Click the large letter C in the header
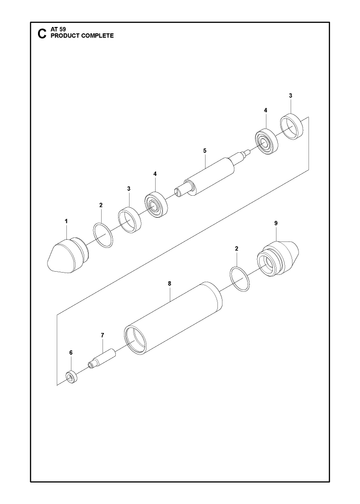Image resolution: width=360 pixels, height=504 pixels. point(42,34)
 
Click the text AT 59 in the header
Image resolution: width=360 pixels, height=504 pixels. point(58,29)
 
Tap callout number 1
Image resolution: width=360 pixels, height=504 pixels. point(66,221)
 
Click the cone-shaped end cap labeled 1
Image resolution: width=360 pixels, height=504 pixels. point(68,255)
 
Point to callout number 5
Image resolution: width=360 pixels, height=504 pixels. point(205,151)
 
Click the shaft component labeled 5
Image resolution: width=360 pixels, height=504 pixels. point(212,174)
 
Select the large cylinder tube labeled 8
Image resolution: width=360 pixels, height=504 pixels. point(173,317)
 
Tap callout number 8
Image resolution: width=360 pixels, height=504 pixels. point(170,284)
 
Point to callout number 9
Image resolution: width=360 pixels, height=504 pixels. point(276,223)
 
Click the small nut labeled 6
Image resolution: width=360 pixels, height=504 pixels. point(71,378)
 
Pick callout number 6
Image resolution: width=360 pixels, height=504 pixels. point(71,353)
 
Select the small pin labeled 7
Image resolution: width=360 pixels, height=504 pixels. point(102,358)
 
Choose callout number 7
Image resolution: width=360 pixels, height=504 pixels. point(102,335)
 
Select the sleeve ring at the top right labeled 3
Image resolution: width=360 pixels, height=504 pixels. point(292,127)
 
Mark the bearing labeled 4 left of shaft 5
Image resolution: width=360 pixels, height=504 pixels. point(156,205)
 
